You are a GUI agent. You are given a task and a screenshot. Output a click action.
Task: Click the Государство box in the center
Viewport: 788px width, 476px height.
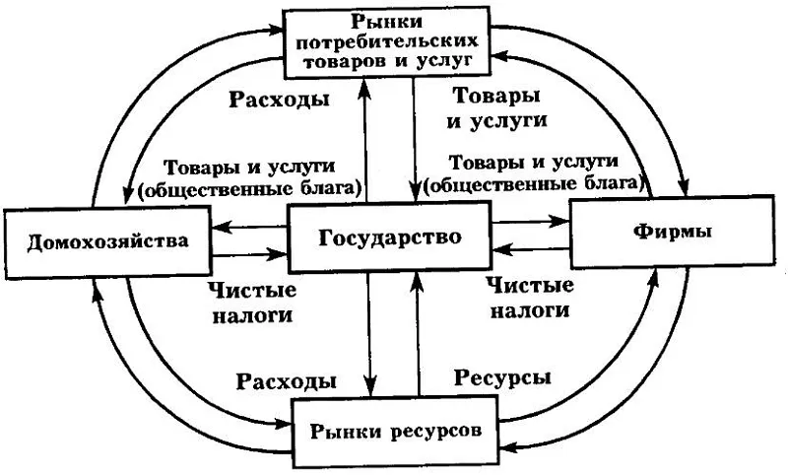pos(389,238)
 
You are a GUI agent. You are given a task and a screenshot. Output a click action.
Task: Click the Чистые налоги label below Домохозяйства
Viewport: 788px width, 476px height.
pos(251,303)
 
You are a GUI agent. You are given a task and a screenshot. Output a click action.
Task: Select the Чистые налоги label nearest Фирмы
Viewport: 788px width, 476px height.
pos(531,298)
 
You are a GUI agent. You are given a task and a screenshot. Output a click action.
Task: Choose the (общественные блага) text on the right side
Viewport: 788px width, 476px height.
pos(545,181)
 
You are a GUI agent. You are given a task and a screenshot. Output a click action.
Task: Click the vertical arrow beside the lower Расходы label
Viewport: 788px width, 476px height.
pos(369,335)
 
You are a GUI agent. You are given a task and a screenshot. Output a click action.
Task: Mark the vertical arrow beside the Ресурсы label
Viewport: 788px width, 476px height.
pos(421,335)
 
